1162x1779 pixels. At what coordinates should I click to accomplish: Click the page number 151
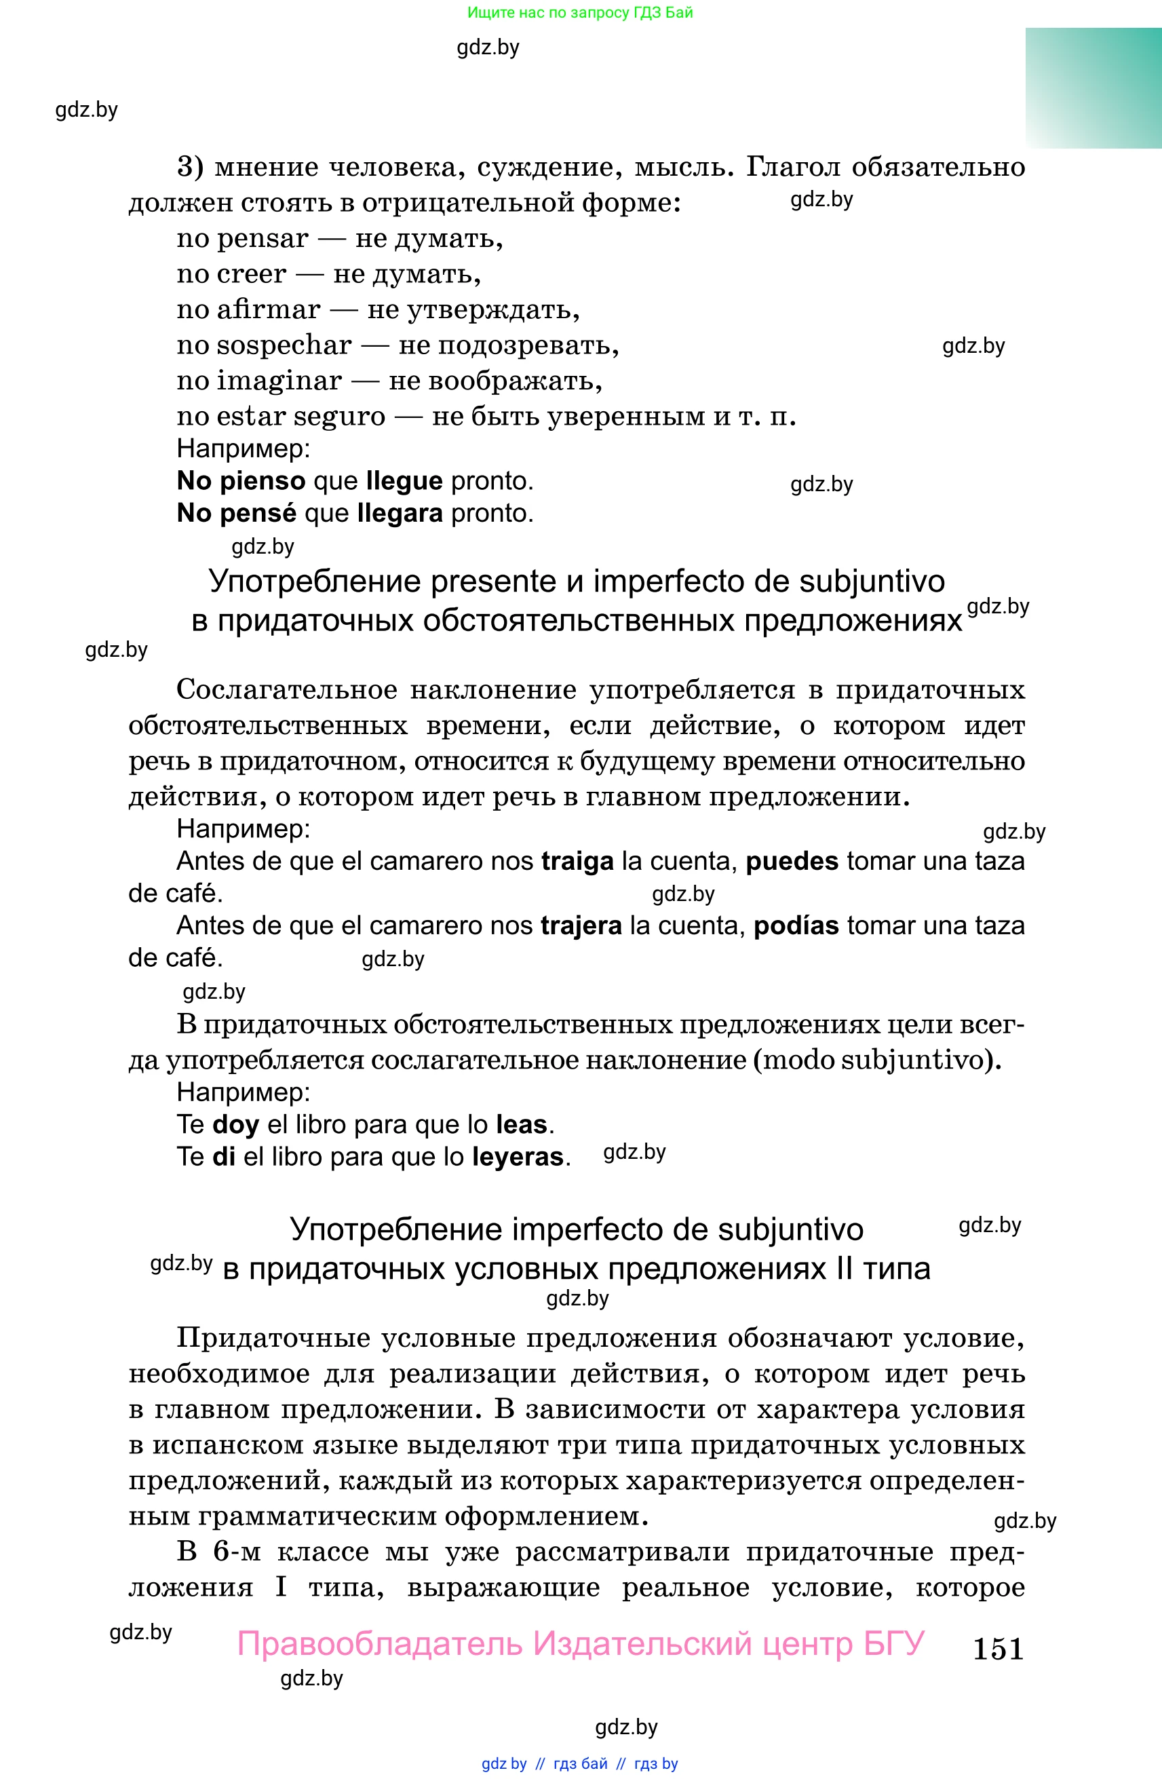point(998,1648)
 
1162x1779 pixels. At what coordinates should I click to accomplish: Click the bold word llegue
point(404,481)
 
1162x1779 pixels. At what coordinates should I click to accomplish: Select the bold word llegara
point(400,514)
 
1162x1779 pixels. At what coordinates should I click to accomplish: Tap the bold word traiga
point(577,861)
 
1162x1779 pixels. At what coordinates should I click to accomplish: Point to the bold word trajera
point(581,925)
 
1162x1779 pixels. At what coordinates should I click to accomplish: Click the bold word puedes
point(792,861)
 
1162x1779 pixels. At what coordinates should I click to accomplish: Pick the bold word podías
point(796,925)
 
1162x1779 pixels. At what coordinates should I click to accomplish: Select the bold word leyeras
point(517,1156)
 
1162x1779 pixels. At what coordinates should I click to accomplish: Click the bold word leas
point(521,1124)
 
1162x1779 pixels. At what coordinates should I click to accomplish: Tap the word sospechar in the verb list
point(284,345)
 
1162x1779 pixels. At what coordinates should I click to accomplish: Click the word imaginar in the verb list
point(279,381)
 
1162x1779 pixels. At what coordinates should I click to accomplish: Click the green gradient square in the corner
point(1093,88)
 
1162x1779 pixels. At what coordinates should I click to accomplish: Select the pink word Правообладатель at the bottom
point(380,1644)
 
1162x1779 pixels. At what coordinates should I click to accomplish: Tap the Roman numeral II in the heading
point(844,1269)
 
